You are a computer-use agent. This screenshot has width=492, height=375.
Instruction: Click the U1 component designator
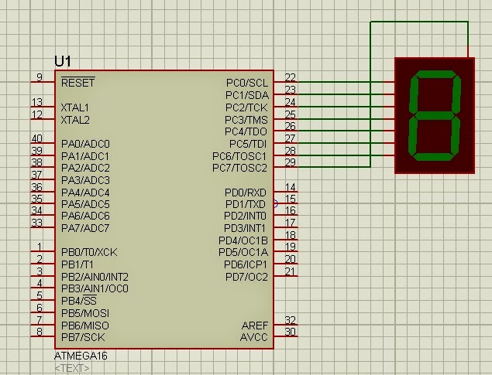pos(64,60)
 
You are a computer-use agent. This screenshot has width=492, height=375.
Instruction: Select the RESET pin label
pos(77,82)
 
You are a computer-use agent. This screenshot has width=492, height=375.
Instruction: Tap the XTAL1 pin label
pos(75,107)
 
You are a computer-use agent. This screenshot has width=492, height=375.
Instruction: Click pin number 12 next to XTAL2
pos(36,114)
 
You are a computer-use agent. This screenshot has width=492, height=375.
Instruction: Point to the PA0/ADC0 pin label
pos(85,144)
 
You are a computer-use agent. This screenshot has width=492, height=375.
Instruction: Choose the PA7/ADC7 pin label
pos(85,228)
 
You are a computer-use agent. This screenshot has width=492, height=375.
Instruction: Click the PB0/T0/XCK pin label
pos(89,252)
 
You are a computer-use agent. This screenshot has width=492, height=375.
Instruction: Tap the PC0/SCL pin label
pos(246,82)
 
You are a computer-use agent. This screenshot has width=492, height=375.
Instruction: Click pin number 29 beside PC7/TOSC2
pos(290,162)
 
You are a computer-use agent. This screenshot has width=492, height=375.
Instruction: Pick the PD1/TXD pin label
pos(245,204)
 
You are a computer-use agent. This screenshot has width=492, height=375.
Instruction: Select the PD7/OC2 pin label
pos(246,277)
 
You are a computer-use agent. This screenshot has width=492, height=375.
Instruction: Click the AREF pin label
pos(254,325)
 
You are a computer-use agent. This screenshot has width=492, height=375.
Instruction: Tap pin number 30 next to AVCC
pos(290,332)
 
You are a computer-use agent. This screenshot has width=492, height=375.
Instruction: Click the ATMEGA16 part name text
pos(76,356)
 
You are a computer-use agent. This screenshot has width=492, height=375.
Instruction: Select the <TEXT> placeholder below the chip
pos(71,368)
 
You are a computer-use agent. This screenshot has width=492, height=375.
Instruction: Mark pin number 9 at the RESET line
pos(39,77)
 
